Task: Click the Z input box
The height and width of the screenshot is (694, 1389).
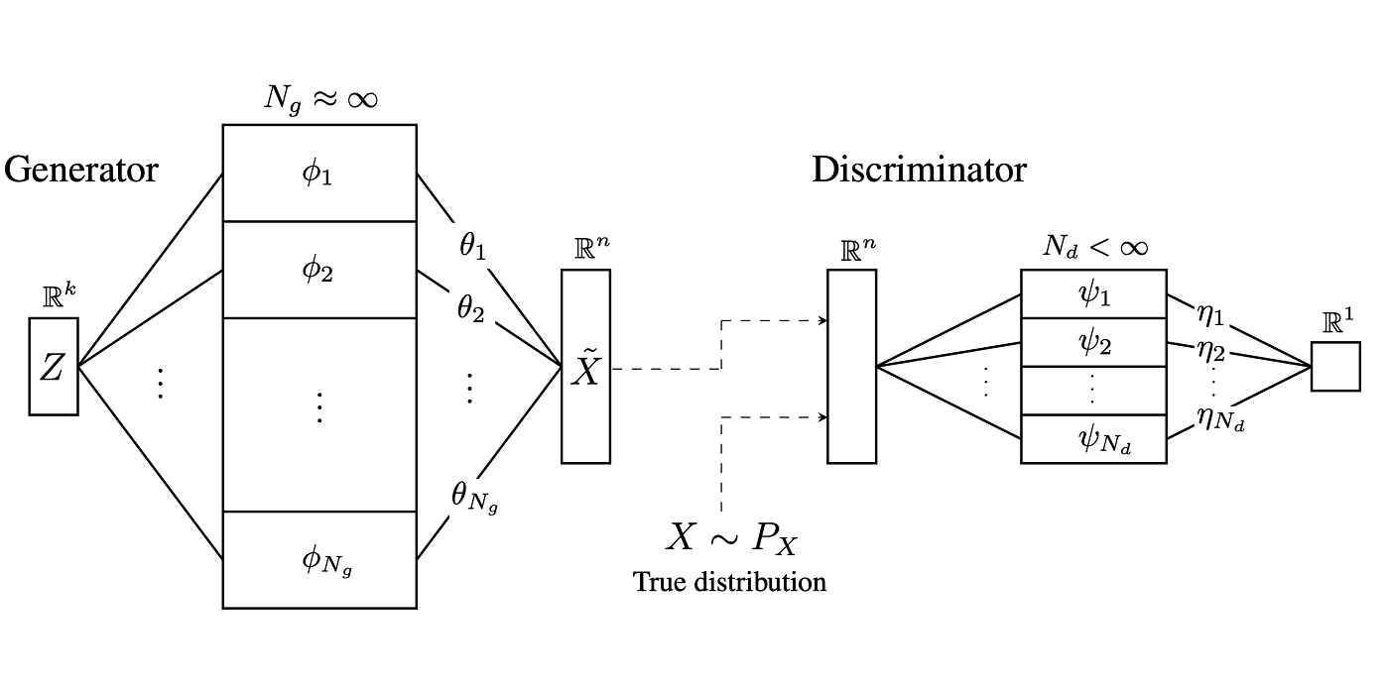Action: click(53, 367)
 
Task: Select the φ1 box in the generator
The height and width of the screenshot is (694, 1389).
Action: click(318, 173)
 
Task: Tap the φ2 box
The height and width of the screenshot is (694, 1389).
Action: click(318, 269)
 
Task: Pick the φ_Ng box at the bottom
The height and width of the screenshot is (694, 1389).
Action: click(318, 560)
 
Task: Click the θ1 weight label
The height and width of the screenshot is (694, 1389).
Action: click(472, 246)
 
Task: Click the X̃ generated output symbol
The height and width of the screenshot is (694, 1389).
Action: click(585, 368)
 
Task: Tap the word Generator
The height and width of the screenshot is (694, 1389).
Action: click(81, 170)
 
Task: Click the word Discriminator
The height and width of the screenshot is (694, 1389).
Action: click(919, 170)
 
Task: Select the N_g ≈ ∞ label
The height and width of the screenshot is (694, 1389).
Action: click(319, 98)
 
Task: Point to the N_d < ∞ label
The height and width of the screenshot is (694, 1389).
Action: click(1094, 245)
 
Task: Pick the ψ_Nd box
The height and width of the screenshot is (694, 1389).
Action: click(1093, 439)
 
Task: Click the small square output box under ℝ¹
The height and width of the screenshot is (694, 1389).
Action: click(1334, 367)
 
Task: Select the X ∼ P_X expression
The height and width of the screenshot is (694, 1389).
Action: click(731, 539)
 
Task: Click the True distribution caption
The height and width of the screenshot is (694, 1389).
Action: click(729, 582)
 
